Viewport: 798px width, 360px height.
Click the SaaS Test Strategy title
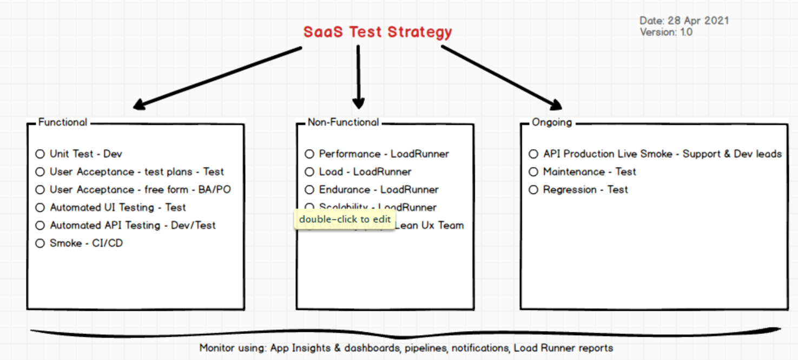(x=377, y=32)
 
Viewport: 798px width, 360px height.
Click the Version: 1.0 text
(x=665, y=32)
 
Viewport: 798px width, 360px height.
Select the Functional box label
(x=62, y=122)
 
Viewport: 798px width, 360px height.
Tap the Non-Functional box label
(x=343, y=122)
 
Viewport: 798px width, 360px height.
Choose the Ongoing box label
(x=551, y=122)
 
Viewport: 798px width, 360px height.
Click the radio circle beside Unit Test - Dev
(x=40, y=154)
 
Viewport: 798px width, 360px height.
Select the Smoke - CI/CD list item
(x=86, y=243)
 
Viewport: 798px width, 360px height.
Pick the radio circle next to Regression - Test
(x=533, y=189)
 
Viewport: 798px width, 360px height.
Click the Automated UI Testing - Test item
(x=117, y=207)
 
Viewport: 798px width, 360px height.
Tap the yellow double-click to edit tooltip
(x=345, y=219)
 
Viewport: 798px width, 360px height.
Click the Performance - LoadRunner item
(x=384, y=154)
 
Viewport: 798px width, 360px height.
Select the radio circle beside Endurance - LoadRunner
(x=309, y=189)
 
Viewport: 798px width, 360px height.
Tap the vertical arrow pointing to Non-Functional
(x=358, y=76)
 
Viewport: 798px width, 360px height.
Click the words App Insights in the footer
(x=301, y=348)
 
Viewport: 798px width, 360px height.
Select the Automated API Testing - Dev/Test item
(x=133, y=225)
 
